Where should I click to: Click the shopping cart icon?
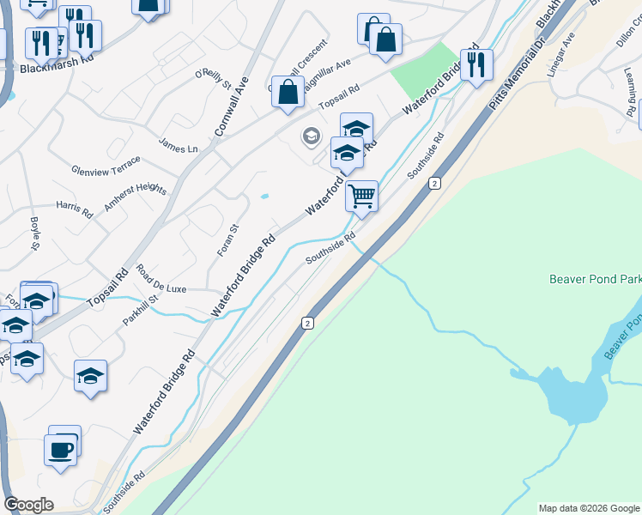coord(362,196)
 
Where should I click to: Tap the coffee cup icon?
coord(60,450)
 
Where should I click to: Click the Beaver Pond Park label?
coord(594,279)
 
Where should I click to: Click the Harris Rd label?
coord(74,206)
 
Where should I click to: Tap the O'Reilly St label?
coord(214,80)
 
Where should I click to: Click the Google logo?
coord(28,505)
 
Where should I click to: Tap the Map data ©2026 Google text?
coord(588,508)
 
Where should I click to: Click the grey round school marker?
coord(311,136)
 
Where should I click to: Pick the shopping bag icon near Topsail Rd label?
coord(288,92)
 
